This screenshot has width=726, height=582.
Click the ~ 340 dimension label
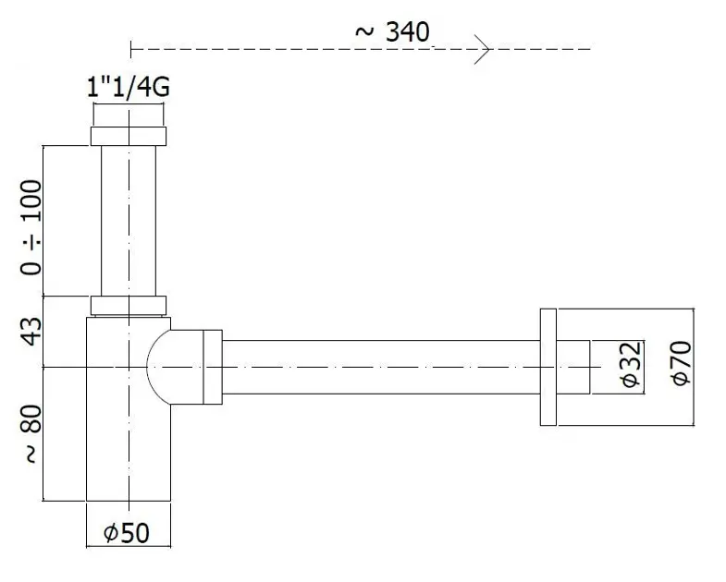(392, 32)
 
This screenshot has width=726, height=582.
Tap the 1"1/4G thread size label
(129, 87)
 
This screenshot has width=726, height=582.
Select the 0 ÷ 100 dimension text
(31, 227)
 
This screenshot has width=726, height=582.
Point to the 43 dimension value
(31, 332)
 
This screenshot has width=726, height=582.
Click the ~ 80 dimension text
(31, 433)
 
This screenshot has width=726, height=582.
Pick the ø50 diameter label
(127, 532)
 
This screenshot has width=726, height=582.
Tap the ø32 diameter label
(631, 365)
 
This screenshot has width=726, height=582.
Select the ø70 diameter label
(681, 363)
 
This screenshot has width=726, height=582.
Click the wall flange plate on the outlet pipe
(548, 367)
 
